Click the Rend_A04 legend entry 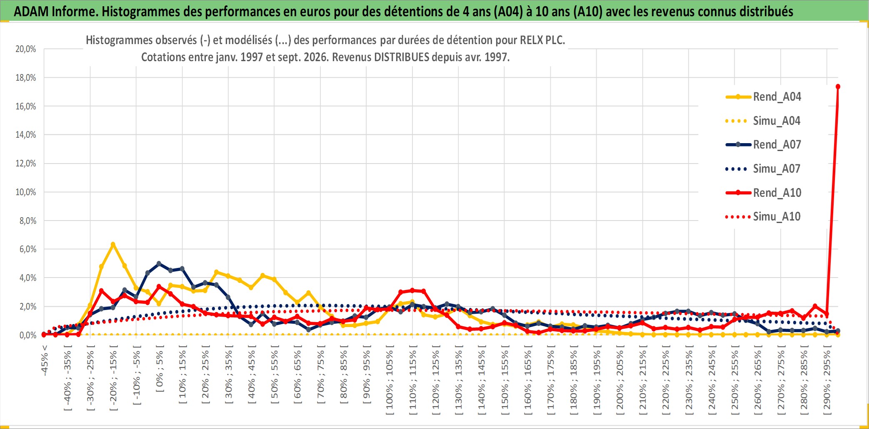tap(763, 97)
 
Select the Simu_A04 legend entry tap(763, 121)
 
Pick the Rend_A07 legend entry tap(763, 145)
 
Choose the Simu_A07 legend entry tap(763, 169)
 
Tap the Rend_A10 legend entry tap(763, 193)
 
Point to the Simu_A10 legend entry tap(763, 217)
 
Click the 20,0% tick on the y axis tap(26, 49)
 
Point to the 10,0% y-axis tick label tap(26, 192)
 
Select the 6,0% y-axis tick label tap(28, 249)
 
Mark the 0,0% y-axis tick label tap(28, 335)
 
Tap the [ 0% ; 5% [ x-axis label tap(160, 368)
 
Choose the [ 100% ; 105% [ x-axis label tap(390, 380)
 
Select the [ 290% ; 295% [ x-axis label tap(827, 380)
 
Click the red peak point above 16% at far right tap(838, 87)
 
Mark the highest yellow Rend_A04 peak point tap(113, 244)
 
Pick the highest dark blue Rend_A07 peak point tap(159, 264)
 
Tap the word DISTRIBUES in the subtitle tap(402, 57)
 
